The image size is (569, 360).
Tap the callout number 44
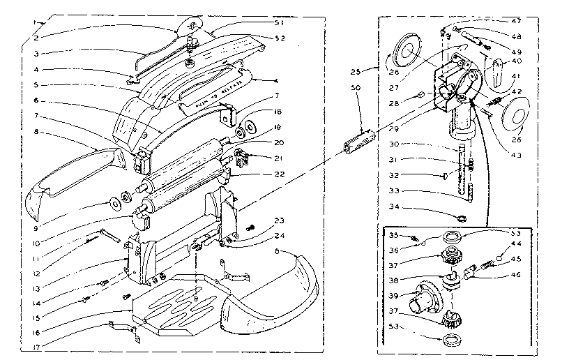click(x=517, y=244)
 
